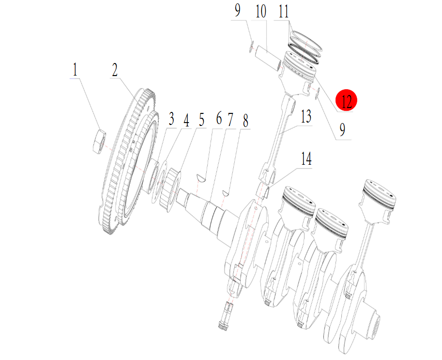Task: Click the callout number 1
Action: pos(75,70)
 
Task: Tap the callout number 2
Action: pos(114,70)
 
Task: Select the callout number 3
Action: pos(171,119)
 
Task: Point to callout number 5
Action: pos(201,120)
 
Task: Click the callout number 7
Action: pos(230,120)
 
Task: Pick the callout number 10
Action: pos(261,12)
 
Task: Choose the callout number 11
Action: pos(284,12)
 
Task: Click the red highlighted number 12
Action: pos(346,100)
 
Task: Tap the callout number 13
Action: pos(306,116)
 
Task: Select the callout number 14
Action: pos(306,159)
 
